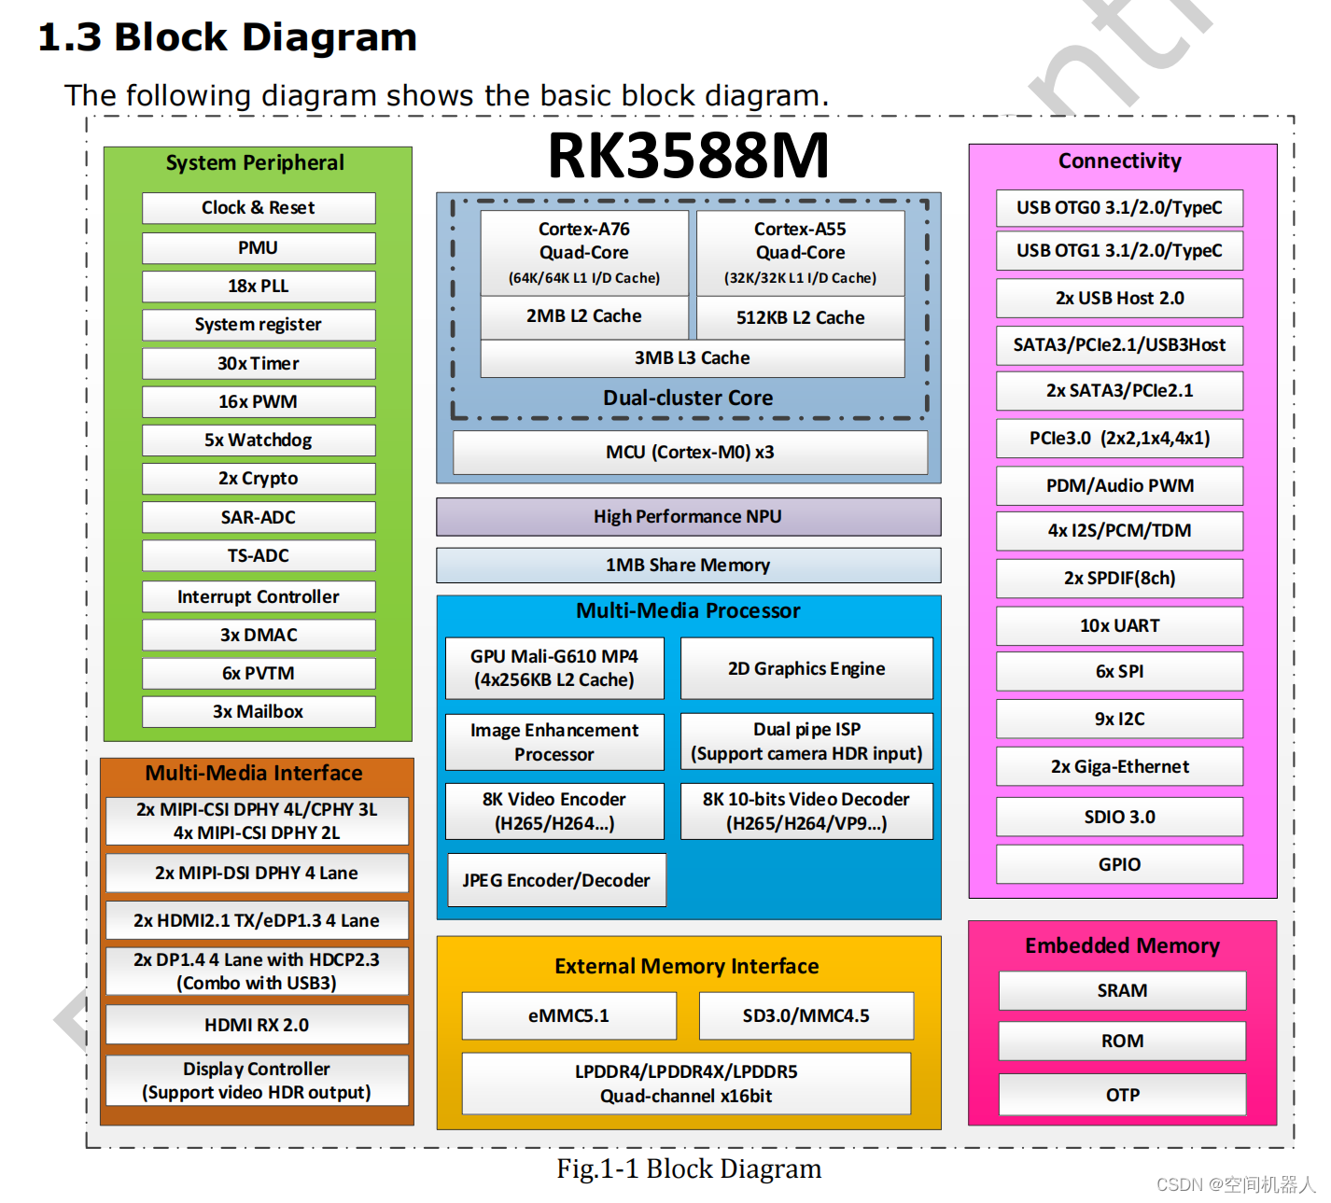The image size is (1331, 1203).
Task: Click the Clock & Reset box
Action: (259, 208)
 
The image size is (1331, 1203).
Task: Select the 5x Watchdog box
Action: (259, 441)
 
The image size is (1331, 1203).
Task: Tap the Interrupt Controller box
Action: (259, 596)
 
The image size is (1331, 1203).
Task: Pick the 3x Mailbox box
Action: (259, 711)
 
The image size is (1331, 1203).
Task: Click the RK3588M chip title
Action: (688, 156)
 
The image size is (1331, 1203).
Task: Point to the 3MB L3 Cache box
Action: (692, 358)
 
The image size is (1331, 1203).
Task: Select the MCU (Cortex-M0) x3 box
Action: (690, 453)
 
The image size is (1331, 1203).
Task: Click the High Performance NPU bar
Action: (688, 517)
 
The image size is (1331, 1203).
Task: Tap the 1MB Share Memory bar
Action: (688, 566)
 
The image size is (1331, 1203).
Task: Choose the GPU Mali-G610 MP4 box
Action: (554, 668)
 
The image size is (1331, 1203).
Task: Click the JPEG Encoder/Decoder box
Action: (556, 880)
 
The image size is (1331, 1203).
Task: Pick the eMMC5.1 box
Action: (568, 1015)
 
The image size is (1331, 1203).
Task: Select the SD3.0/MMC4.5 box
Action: (806, 1015)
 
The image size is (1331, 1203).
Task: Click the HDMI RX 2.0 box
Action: (257, 1025)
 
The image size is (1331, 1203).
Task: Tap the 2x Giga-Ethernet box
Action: (1119, 766)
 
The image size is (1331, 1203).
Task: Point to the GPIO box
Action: (1119, 864)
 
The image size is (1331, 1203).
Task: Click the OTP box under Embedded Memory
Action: (1122, 1095)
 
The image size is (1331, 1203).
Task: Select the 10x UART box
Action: (1119, 625)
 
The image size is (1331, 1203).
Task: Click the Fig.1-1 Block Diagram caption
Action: (689, 1168)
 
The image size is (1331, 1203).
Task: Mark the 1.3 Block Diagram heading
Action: (228, 37)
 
